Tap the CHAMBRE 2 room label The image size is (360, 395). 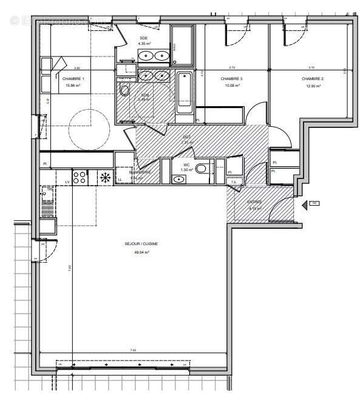pyautogui.click(x=311, y=79)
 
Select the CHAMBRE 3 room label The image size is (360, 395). pyautogui.click(x=231, y=79)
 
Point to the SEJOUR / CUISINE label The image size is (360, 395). pyautogui.click(x=141, y=244)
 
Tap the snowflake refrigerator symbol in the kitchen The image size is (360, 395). pyautogui.click(x=104, y=178)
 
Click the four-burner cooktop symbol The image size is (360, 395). pyautogui.click(x=80, y=177)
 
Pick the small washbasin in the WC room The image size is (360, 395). pyautogui.click(x=180, y=179)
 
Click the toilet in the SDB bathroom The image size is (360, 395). pyautogui.click(x=124, y=90)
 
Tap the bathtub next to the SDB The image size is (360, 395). pyautogui.click(x=185, y=91)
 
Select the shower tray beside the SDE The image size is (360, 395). pyautogui.click(x=182, y=46)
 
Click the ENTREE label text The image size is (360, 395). pyautogui.click(x=254, y=201)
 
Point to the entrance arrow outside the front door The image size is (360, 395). pyautogui.click(x=314, y=204)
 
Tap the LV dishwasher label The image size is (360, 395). pyautogui.click(x=67, y=181)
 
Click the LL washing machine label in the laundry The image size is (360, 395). pyautogui.click(x=120, y=180)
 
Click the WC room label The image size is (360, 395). pyautogui.click(x=186, y=164)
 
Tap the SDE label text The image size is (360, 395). pyautogui.click(x=143, y=38)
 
